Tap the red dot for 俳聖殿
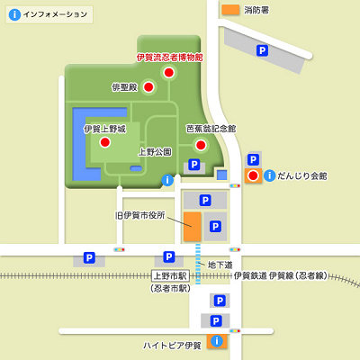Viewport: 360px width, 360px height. point(149,87)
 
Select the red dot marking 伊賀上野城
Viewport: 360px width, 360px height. point(104,142)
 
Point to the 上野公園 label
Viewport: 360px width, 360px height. point(154,152)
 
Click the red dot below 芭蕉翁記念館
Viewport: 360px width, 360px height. point(202,144)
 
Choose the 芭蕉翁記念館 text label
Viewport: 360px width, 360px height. point(211,129)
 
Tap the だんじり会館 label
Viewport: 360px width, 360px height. point(302,175)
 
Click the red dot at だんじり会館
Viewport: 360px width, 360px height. point(253,175)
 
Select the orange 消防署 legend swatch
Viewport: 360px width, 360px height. point(231,10)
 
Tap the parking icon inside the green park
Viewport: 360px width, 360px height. point(193,166)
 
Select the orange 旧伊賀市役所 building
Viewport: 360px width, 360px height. point(192,227)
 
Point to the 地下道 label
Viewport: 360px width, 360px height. point(220,265)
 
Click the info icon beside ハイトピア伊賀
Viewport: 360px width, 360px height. point(215,341)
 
